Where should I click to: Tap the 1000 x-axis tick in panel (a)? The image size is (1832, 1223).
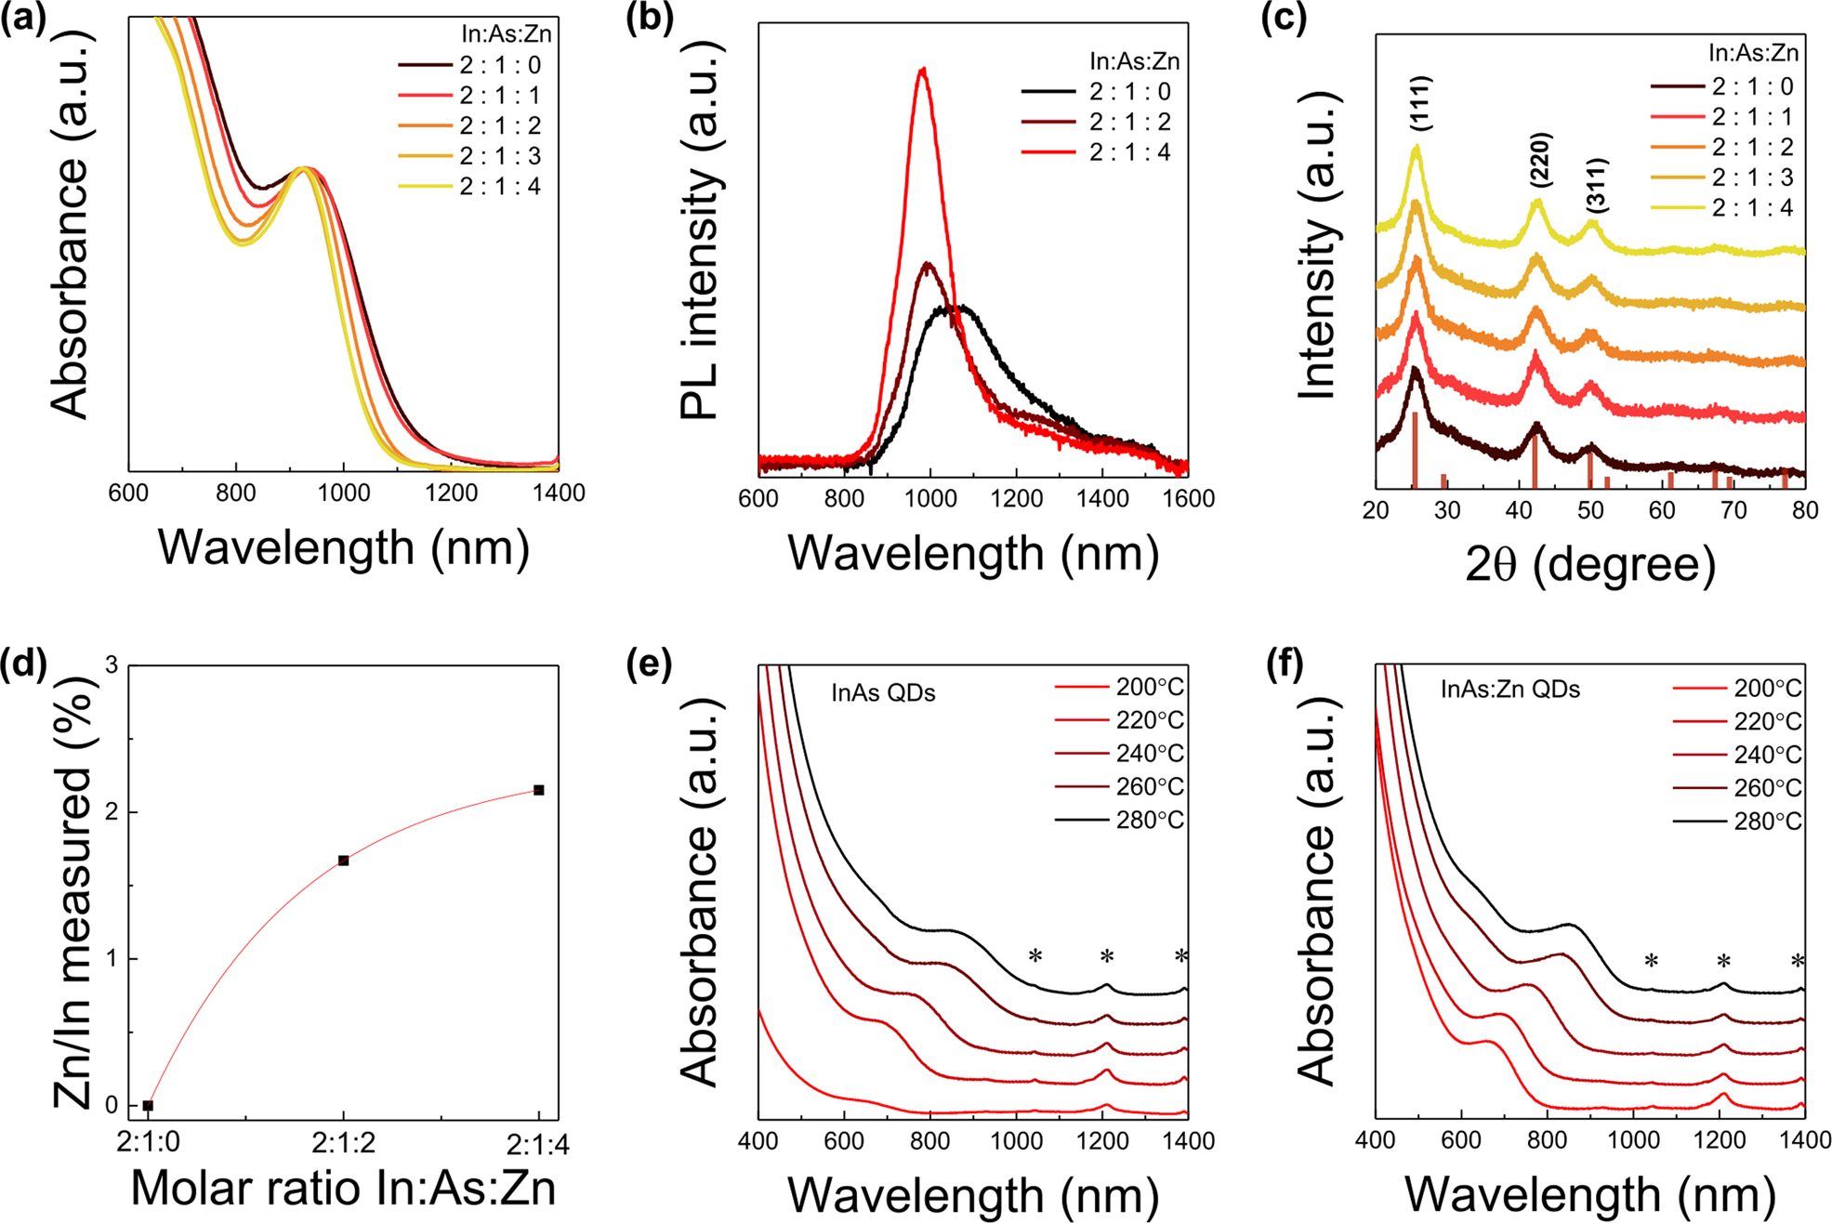pyautogui.click(x=343, y=493)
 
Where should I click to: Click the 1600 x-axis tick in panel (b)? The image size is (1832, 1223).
pyautogui.click(x=1188, y=499)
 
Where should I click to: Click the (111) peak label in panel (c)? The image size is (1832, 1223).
pyautogui.click(x=1419, y=103)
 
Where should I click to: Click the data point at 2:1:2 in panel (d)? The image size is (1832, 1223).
pyautogui.click(x=343, y=861)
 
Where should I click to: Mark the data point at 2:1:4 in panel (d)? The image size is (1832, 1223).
pyautogui.click(x=539, y=790)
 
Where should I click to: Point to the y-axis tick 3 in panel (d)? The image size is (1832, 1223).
pyautogui.click(x=112, y=665)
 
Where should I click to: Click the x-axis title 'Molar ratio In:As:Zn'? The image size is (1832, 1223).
pyautogui.click(x=343, y=1189)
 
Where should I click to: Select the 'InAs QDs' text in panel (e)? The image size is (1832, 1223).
pyautogui.click(x=883, y=693)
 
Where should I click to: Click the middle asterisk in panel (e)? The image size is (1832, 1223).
pyautogui.click(x=1106, y=957)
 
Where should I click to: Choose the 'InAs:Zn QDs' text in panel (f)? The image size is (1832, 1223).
pyautogui.click(x=1510, y=690)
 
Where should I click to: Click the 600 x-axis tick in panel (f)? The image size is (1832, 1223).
pyautogui.click(x=1461, y=1140)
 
